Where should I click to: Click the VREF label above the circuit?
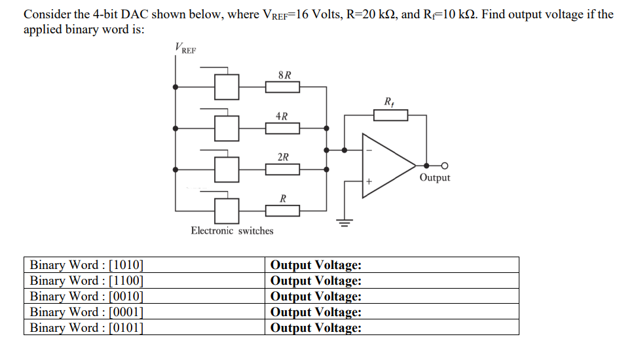click(x=185, y=48)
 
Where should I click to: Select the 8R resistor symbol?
click(x=282, y=87)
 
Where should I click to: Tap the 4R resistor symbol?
click(x=282, y=128)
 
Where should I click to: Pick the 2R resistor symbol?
click(x=282, y=170)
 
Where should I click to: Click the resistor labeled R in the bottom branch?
click(x=282, y=210)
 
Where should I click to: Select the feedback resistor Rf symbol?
click(x=390, y=115)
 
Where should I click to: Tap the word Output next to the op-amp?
click(x=435, y=178)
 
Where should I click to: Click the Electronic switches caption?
click(x=232, y=230)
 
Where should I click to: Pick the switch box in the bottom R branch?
click(x=227, y=210)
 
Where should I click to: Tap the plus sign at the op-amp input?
click(x=369, y=181)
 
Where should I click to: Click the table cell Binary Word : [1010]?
click(x=87, y=265)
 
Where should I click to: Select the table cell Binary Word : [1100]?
click(x=87, y=281)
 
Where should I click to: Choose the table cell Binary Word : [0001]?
click(x=87, y=312)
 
